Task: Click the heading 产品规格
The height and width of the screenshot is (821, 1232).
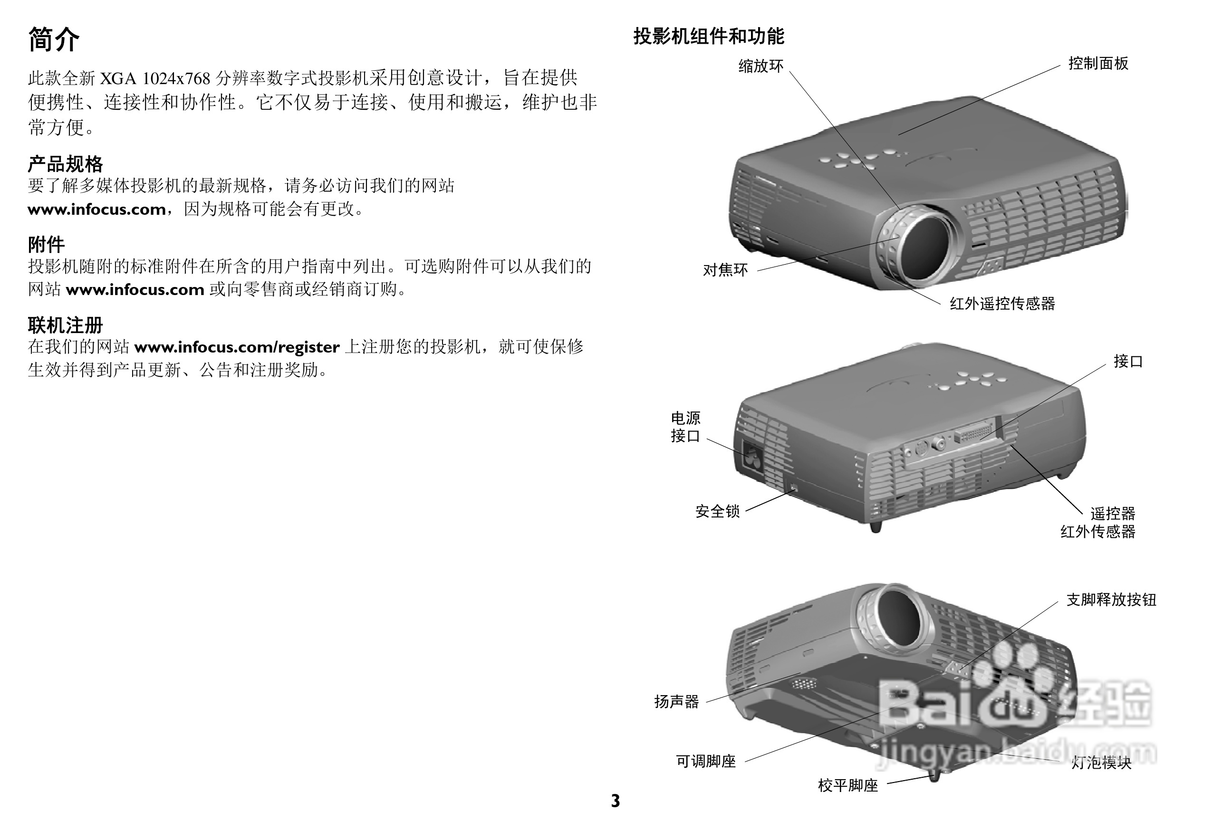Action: tap(65, 164)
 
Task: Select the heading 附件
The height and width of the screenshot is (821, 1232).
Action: tap(46, 244)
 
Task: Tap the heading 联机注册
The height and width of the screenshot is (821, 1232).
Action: tap(65, 325)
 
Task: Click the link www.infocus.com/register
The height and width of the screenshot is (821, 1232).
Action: tap(237, 347)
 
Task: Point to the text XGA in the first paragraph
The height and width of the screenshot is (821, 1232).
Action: tap(118, 78)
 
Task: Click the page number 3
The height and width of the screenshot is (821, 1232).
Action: tap(616, 801)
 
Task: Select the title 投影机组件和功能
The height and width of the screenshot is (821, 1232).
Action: tap(709, 36)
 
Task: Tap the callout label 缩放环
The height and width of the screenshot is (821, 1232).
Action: tap(760, 66)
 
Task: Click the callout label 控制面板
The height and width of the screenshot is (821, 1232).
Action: tap(1098, 63)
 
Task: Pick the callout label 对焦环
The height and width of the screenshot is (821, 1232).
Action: tap(725, 270)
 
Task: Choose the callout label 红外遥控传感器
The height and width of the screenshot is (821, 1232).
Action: tap(1002, 303)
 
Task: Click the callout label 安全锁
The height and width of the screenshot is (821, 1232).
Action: tap(717, 511)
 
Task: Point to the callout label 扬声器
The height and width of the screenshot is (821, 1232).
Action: tap(676, 701)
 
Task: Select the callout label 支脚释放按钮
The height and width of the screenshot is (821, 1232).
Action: tap(1111, 599)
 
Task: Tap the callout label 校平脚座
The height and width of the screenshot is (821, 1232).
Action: tap(847, 785)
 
